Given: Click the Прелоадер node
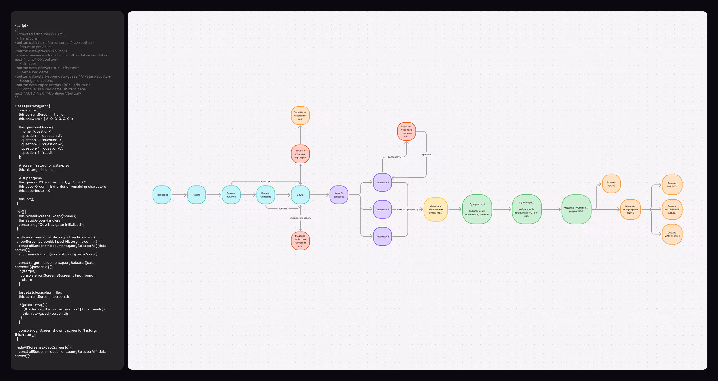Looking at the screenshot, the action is click(162, 195).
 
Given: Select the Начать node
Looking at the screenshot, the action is click(196, 195).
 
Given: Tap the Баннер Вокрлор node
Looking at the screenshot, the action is click(231, 195).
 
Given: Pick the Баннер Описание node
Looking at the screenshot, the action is click(266, 195).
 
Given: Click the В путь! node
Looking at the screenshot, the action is click(300, 195).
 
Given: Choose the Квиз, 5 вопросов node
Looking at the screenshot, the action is click(339, 195).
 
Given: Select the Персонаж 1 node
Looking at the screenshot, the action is click(382, 183).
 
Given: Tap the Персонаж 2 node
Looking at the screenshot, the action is click(382, 210).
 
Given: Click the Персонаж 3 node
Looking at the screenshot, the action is click(382, 237).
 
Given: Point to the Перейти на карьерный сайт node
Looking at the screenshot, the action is click(300, 115).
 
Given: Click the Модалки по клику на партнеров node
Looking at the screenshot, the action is click(300, 154).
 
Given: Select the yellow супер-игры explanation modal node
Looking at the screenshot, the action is click(435, 210).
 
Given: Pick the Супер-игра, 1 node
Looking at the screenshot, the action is click(477, 209).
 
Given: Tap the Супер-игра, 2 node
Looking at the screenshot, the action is click(526, 209).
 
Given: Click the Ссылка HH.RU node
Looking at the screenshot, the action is click(611, 184).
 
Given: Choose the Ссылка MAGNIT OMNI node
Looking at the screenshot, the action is click(672, 234).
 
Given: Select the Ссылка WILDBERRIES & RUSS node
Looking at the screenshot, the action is click(672, 210).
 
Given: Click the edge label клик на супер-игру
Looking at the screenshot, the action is click(408, 210).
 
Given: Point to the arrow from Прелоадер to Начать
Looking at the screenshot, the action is click(179, 195).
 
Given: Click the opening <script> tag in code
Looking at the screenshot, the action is click(21, 26).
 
